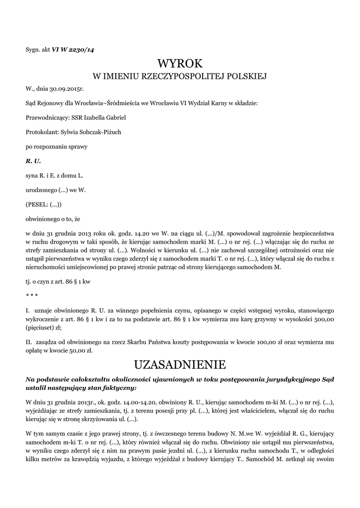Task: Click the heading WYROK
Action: pyautogui.click(x=180, y=63)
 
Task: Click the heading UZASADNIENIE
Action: pyautogui.click(x=180, y=365)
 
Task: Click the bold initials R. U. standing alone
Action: pyautogui.click(x=33, y=161)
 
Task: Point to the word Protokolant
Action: pyautogui.click(x=41, y=132)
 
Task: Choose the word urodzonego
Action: pyautogui.click(x=41, y=190)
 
